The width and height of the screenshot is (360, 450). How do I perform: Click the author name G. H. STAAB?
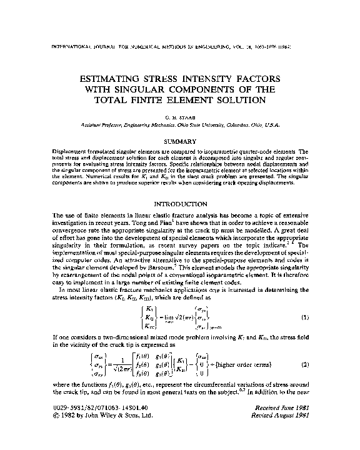click(x=179, y=117)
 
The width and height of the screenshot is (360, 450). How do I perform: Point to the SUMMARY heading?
click(x=179, y=142)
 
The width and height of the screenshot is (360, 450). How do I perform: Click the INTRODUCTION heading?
click(x=179, y=203)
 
